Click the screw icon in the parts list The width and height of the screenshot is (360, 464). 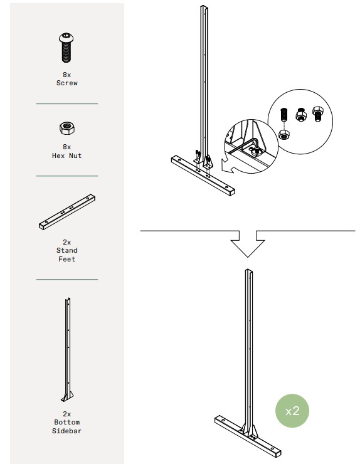tap(66, 48)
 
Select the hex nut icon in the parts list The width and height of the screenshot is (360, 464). tap(67, 128)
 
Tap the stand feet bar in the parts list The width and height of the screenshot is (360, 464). tap(67, 212)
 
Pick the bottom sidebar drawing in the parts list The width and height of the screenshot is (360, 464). tap(68, 350)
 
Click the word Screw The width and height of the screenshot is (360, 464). tap(67, 83)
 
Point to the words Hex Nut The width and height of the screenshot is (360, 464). tap(67, 156)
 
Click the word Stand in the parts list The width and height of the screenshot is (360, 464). tap(67, 250)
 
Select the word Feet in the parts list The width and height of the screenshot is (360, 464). tap(67, 259)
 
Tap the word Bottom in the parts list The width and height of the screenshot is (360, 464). tap(67, 422)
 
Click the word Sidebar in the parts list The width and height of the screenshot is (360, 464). tap(67, 431)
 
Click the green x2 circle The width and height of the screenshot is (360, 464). tap(292, 411)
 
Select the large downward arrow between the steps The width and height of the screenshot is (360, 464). tap(248, 244)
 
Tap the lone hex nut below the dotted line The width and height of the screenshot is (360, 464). tap(284, 135)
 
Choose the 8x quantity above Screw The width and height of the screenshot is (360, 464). tap(67, 75)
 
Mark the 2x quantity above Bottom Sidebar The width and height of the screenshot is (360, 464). tap(67, 414)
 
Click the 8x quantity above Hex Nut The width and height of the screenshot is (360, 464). tap(67, 147)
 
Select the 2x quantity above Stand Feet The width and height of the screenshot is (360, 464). tap(67, 242)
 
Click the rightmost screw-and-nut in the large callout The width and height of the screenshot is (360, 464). tap(318, 113)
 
